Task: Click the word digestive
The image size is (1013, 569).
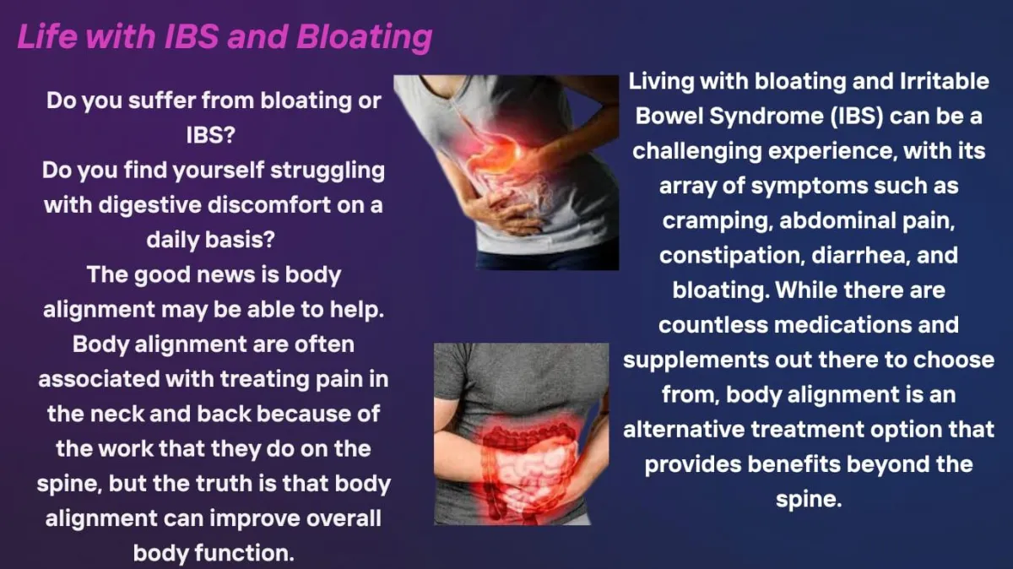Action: point(150,206)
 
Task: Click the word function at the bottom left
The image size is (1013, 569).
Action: point(245,553)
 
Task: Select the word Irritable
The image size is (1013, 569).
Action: point(945,81)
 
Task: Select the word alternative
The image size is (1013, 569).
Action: point(684,429)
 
